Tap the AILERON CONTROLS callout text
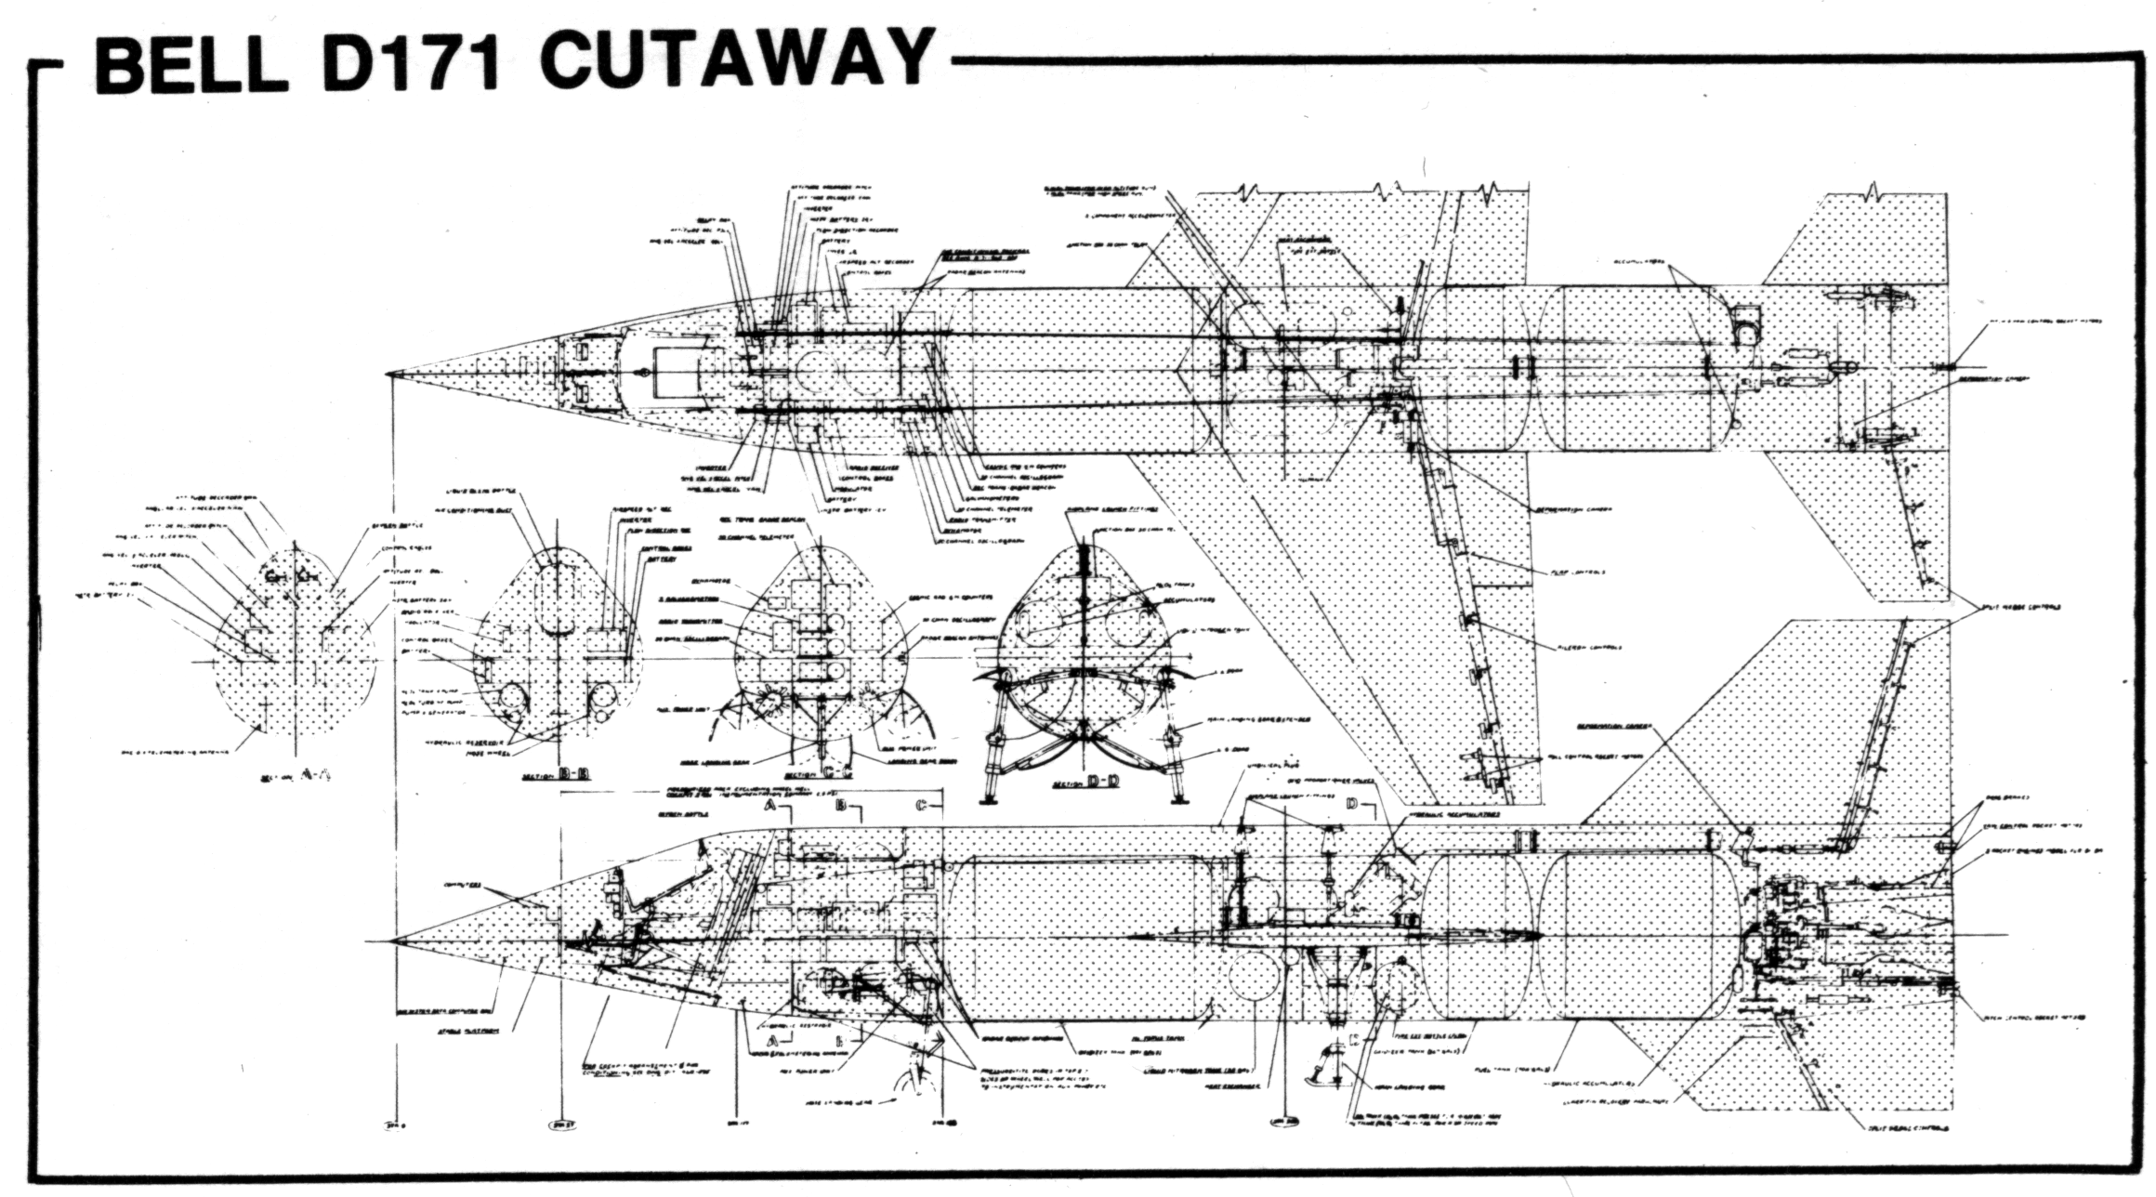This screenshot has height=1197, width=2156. point(1587,647)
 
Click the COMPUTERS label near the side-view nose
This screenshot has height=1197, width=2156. point(462,884)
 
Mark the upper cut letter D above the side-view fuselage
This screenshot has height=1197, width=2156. point(1352,802)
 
